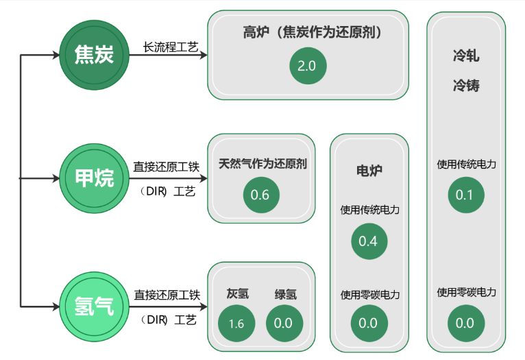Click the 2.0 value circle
pyautogui.click(x=307, y=67)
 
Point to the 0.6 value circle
pyautogui.click(x=260, y=195)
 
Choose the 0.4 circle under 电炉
pyautogui.click(x=368, y=241)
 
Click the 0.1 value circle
pyautogui.click(x=465, y=195)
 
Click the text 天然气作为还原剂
pyautogui.click(x=262, y=164)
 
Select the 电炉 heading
pyautogui.click(x=369, y=169)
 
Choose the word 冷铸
pyautogui.click(x=466, y=86)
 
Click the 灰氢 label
pyautogui.click(x=237, y=294)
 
